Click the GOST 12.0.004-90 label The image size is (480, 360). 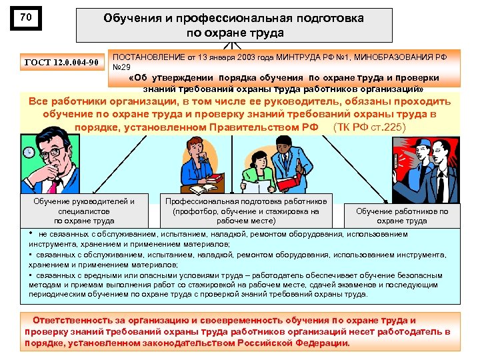[x=61, y=63]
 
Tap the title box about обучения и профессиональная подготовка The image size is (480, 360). [x=233, y=25]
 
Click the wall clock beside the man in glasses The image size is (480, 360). [x=29, y=153]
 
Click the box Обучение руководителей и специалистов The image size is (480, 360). [x=84, y=211]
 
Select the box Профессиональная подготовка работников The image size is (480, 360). [x=246, y=210]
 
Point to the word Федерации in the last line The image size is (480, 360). [x=323, y=343]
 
